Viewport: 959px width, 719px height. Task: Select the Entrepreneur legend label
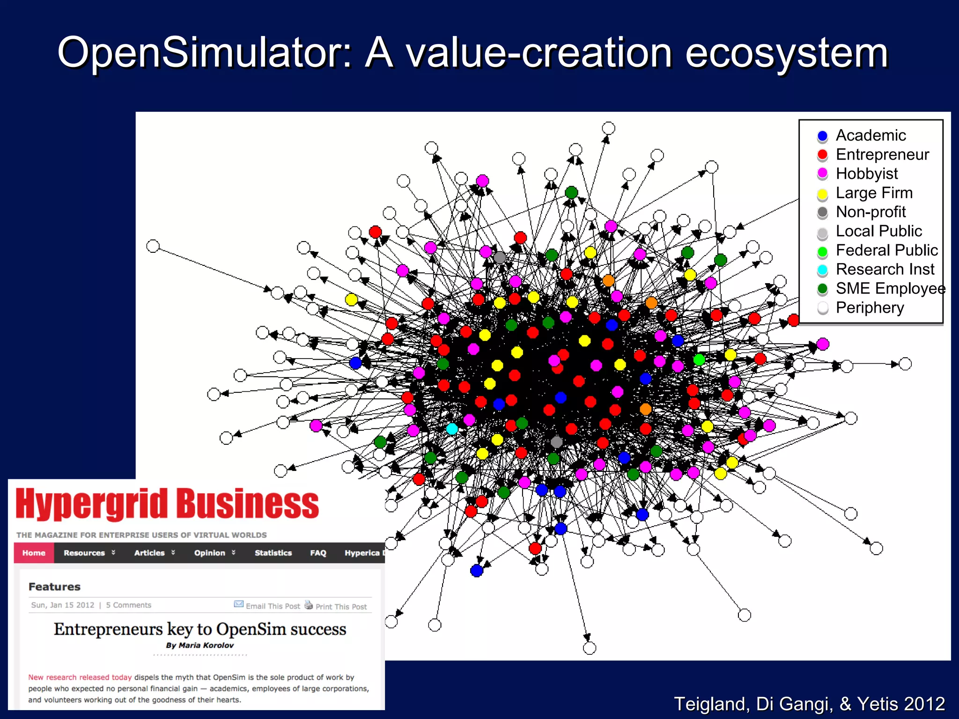tap(882, 154)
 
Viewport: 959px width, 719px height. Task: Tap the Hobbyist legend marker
tap(822, 174)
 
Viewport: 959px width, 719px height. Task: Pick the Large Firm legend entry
tap(874, 193)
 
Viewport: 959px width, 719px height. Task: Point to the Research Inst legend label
tap(885, 270)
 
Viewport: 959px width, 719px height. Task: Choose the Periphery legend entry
tap(870, 308)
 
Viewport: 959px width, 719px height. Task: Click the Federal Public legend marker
tap(822, 251)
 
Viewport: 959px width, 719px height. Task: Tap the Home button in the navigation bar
tap(34, 553)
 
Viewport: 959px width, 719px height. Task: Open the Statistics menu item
tap(273, 553)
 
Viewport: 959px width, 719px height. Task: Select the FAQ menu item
tap(318, 553)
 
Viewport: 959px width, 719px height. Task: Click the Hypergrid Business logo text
tap(167, 504)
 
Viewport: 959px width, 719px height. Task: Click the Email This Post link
tap(273, 606)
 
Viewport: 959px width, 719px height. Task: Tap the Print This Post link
tap(341, 607)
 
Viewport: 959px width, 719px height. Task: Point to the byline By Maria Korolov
tap(199, 646)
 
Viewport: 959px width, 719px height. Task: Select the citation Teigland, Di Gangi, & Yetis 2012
tap(809, 704)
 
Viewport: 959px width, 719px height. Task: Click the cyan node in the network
tap(452, 429)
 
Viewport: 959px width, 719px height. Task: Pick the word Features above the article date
tap(54, 587)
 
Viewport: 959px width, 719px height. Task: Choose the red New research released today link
tap(80, 677)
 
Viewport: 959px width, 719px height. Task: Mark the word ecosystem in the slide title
tap(786, 52)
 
